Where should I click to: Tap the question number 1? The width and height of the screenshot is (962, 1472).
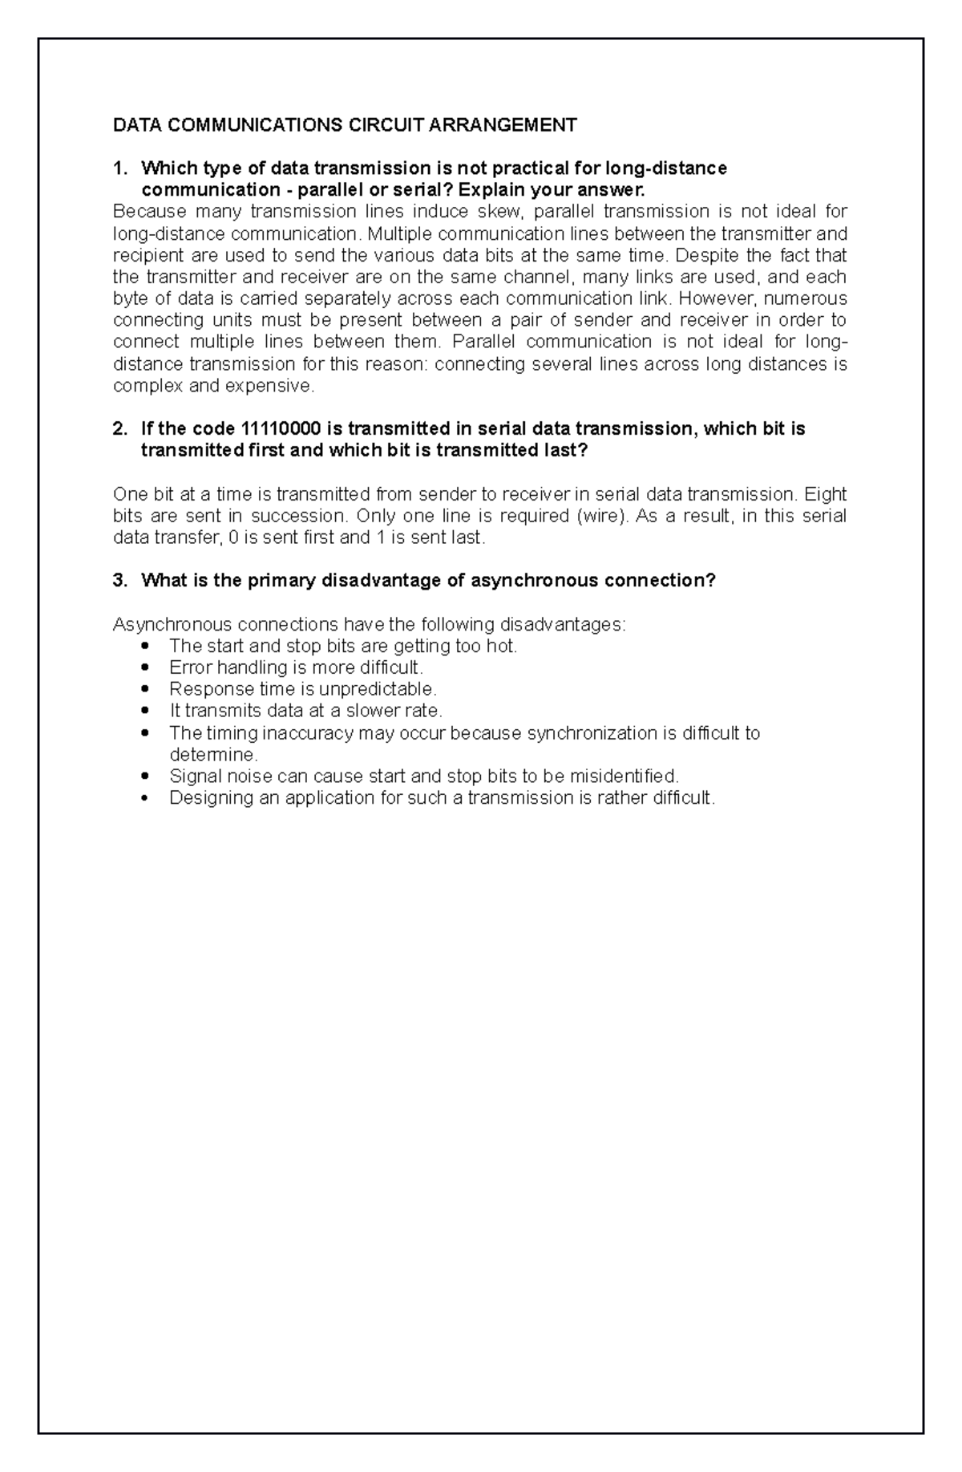119,168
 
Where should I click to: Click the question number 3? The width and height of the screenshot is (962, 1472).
119,581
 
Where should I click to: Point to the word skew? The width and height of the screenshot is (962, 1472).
500,212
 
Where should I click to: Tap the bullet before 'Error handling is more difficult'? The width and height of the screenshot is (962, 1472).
145,667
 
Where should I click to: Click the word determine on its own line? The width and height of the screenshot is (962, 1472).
212,755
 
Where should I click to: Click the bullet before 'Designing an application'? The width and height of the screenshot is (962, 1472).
145,798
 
